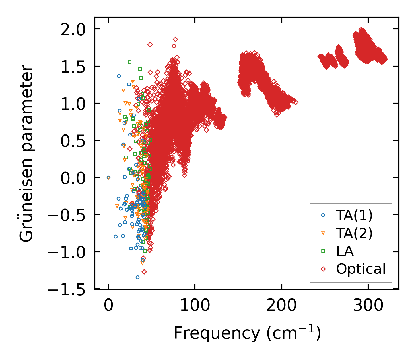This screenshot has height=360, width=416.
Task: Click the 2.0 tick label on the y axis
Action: [x=73, y=30]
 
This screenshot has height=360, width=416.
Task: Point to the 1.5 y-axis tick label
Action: [x=73, y=67]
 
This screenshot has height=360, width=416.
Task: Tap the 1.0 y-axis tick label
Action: [x=73, y=104]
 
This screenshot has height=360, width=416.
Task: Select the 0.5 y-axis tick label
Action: [x=73, y=141]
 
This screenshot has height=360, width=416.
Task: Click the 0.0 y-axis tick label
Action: [x=73, y=178]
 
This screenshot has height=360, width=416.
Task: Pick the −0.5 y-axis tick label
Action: [x=67, y=215]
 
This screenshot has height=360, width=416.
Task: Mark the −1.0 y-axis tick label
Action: [x=67, y=252]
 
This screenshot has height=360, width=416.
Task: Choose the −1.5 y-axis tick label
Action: [x=67, y=290]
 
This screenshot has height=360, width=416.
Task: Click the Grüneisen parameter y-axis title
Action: [x=26, y=153]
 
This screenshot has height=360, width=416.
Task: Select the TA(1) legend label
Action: [x=354, y=216]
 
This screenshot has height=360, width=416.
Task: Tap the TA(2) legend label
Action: [x=354, y=233]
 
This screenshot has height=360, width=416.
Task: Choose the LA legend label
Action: [x=345, y=251]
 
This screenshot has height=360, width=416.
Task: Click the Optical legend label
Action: [x=361, y=269]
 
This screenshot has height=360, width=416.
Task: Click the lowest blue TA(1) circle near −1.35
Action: [x=137, y=277]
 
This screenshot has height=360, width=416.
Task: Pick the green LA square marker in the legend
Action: [x=323, y=251]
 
